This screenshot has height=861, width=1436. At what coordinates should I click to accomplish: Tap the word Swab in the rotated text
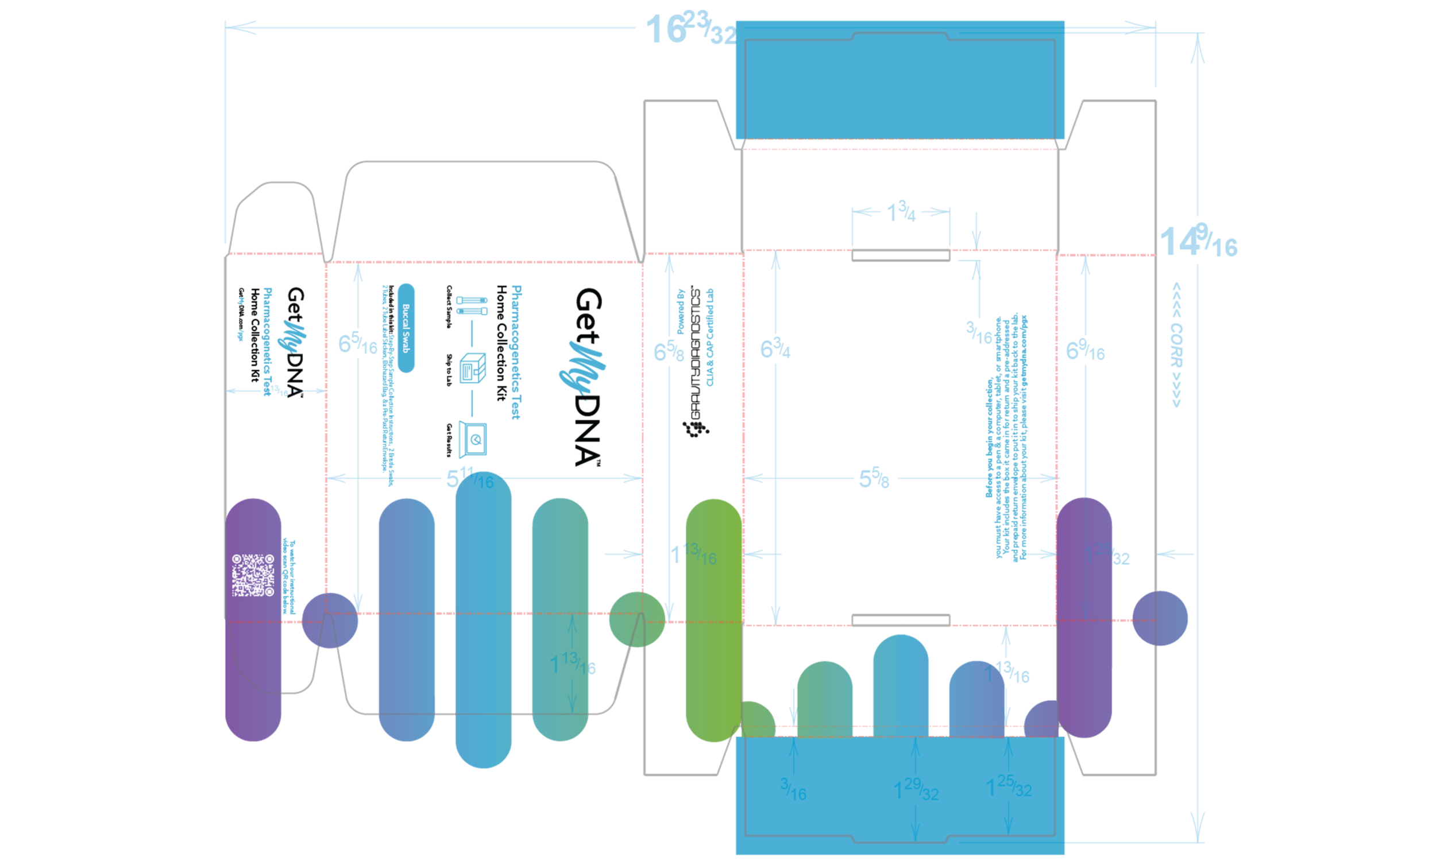click(x=406, y=343)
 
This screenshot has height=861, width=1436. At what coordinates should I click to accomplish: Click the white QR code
click(x=253, y=575)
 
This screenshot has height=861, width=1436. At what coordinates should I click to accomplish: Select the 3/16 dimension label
click(x=793, y=790)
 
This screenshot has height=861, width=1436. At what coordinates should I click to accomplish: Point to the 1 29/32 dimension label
click(x=916, y=789)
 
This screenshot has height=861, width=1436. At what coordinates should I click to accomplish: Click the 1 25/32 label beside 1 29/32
click(x=1009, y=787)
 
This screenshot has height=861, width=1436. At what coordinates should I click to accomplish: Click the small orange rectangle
click(x=782, y=712)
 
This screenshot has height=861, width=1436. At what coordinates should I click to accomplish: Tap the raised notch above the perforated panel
click(x=900, y=36)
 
